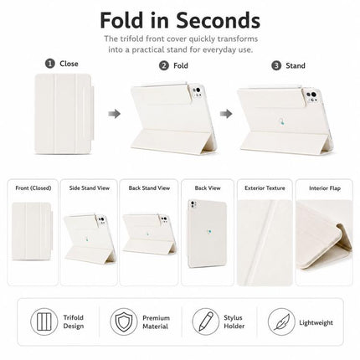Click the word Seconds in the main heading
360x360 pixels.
[218, 20]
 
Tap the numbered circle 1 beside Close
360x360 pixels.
[50, 64]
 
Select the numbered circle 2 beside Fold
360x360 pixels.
[164, 65]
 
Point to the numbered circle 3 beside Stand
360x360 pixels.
[276, 65]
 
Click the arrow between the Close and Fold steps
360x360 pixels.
[114, 114]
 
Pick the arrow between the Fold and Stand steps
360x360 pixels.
[226, 114]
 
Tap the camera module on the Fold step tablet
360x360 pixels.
[197, 92]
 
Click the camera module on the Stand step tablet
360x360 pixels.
[312, 96]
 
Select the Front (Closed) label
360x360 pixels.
[33, 188]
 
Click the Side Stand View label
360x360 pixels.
[90, 188]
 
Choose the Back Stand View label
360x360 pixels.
[149, 188]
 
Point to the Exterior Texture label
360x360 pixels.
[265, 188]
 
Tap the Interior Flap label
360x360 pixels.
[325, 188]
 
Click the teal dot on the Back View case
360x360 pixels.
[209, 231]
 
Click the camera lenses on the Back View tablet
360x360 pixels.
[193, 205]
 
